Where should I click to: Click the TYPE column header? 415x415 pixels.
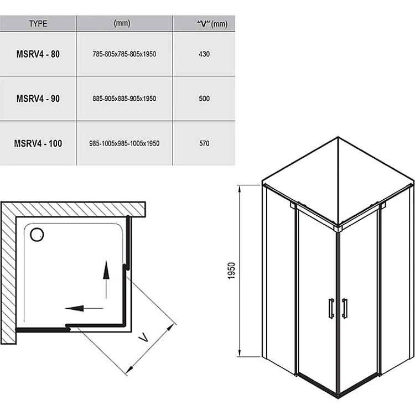click(38, 24)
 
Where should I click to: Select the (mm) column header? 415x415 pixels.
click(122, 23)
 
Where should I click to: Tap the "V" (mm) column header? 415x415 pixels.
click(203, 23)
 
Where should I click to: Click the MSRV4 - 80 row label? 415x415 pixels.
click(38, 55)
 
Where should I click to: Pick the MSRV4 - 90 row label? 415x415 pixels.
click(38, 99)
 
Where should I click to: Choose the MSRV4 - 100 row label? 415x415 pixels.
click(38, 143)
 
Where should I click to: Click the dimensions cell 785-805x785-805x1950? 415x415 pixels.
click(124, 55)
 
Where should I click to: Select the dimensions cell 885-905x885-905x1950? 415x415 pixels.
click(124, 99)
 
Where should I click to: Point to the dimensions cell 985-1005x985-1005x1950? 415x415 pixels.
click(124, 143)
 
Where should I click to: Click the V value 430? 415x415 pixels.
click(204, 55)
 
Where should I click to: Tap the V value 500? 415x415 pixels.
click(204, 99)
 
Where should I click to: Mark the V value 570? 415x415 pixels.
click(204, 143)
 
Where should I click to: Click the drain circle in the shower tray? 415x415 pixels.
click(38, 235)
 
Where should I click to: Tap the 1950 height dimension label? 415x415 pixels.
click(232, 271)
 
